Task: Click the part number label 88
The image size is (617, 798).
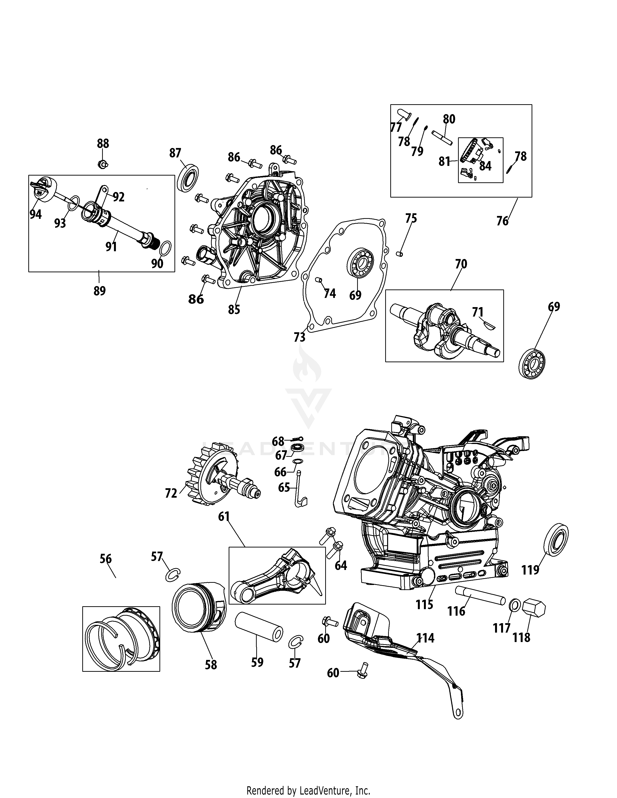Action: click(103, 144)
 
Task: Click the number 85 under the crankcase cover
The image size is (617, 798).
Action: click(234, 310)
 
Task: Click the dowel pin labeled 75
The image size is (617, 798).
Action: click(400, 253)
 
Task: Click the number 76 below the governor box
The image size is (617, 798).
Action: click(502, 221)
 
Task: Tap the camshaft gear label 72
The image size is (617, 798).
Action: click(171, 493)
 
